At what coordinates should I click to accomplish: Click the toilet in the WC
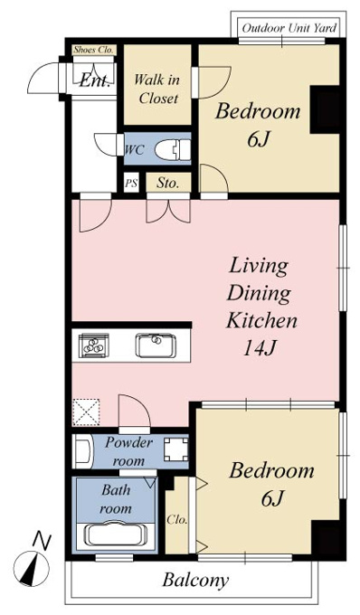point(173,149)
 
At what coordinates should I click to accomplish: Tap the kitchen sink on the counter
point(156,345)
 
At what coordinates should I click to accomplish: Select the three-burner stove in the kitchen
point(94,345)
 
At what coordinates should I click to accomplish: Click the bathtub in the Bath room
point(117,535)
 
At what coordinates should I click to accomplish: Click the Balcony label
point(195,580)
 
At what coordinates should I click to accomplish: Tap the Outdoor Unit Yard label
point(289,28)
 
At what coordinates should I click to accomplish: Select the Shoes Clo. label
point(93,51)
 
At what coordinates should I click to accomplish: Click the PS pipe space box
point(131,183)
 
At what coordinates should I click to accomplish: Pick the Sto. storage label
point(168,183)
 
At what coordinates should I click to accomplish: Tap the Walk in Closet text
point(156,89)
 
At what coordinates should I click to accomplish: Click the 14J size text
point(261,348)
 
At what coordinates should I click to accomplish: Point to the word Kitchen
point(261,320)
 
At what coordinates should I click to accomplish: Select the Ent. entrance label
point(94,81)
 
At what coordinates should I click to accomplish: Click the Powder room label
point(128,452)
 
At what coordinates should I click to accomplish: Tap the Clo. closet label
point(177,520)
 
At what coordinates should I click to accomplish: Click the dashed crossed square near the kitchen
point(86,412)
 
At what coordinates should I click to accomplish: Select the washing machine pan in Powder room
point(176,449)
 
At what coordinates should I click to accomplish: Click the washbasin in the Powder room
point(83,451)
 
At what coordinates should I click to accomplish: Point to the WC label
point(135,150)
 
